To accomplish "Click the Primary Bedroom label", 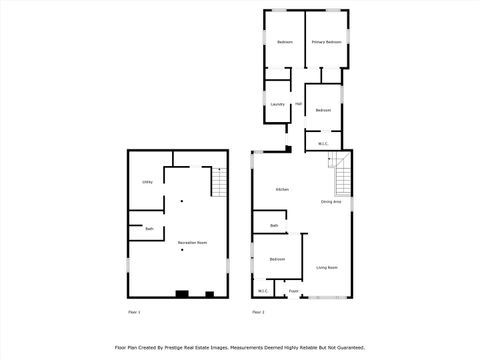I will pyautogui.click(x=326, y=42).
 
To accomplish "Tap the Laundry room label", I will pyautogui.click(x=277, y=104).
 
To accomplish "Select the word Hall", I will pyautogui.click(x=298, y=102).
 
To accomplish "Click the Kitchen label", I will pyautogui.click(x=283, y=189).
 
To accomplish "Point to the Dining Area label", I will pyautogui.click(x=331, y=202).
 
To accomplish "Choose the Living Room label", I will pyautogui.click(x=327, y=267).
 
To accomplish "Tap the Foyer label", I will pyautogui.click(x=294, y=291).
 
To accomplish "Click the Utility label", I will pyautogui.click(x=147, y=182).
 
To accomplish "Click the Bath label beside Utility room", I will pyautogui.click(x=149, y=229).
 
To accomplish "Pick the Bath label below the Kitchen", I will pyautogui.click(x=274, y=226).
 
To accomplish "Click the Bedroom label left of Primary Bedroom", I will pyautogui.click(x=285, y=42).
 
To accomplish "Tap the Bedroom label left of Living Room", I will pyautogui.click(x=277, y=260).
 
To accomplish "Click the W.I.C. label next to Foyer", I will pyautogui.click(x=263, y=291).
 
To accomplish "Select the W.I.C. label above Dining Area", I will pyautogui.click(x=324, y=144).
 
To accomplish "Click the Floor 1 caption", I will pyautogui.click(x=134, y=313).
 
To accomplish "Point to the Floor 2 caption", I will pyautogui.click(x=258, y=313).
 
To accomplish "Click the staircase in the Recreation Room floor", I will pyautogui.click(x=218, y=182).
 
